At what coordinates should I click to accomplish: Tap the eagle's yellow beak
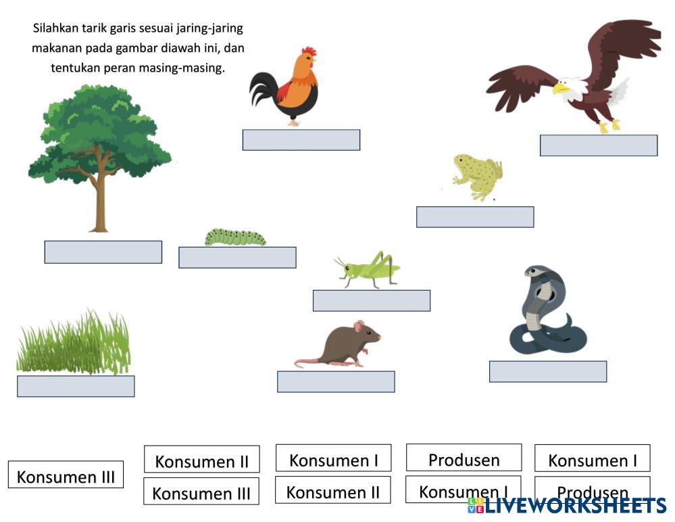pyautogui.click(x=560, y=88)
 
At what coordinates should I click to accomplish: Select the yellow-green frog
pyautogui.click(x=478, y=176)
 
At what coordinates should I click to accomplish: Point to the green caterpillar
pyautogui.click(x=235, y=237)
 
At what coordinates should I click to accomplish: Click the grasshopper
pyautogui.click(x=369, y=269)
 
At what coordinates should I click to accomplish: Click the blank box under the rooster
pyautogui.click(x=301, y=140)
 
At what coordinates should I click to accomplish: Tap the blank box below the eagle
pyautogui.click(x=599, y=145)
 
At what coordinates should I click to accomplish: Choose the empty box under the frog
pyautogui.click(x=475, y=217)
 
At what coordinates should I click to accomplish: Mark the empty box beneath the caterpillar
pyautogui.click(x=237, y=258)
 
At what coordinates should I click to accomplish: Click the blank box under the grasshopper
pyautogui.click(x=372, y=301)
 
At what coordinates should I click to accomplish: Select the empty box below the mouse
pyautogui.click(x=336, y=381)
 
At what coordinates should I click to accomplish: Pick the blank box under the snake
pyautogui.click(x=548, y=372)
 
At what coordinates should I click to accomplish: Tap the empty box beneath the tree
pyautogui.click(x=103, y=252)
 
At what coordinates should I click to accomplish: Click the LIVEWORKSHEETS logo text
pyautogui.click(x=574, y=506)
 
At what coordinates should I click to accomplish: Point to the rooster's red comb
pyautogui.click(x=309, y=51)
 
